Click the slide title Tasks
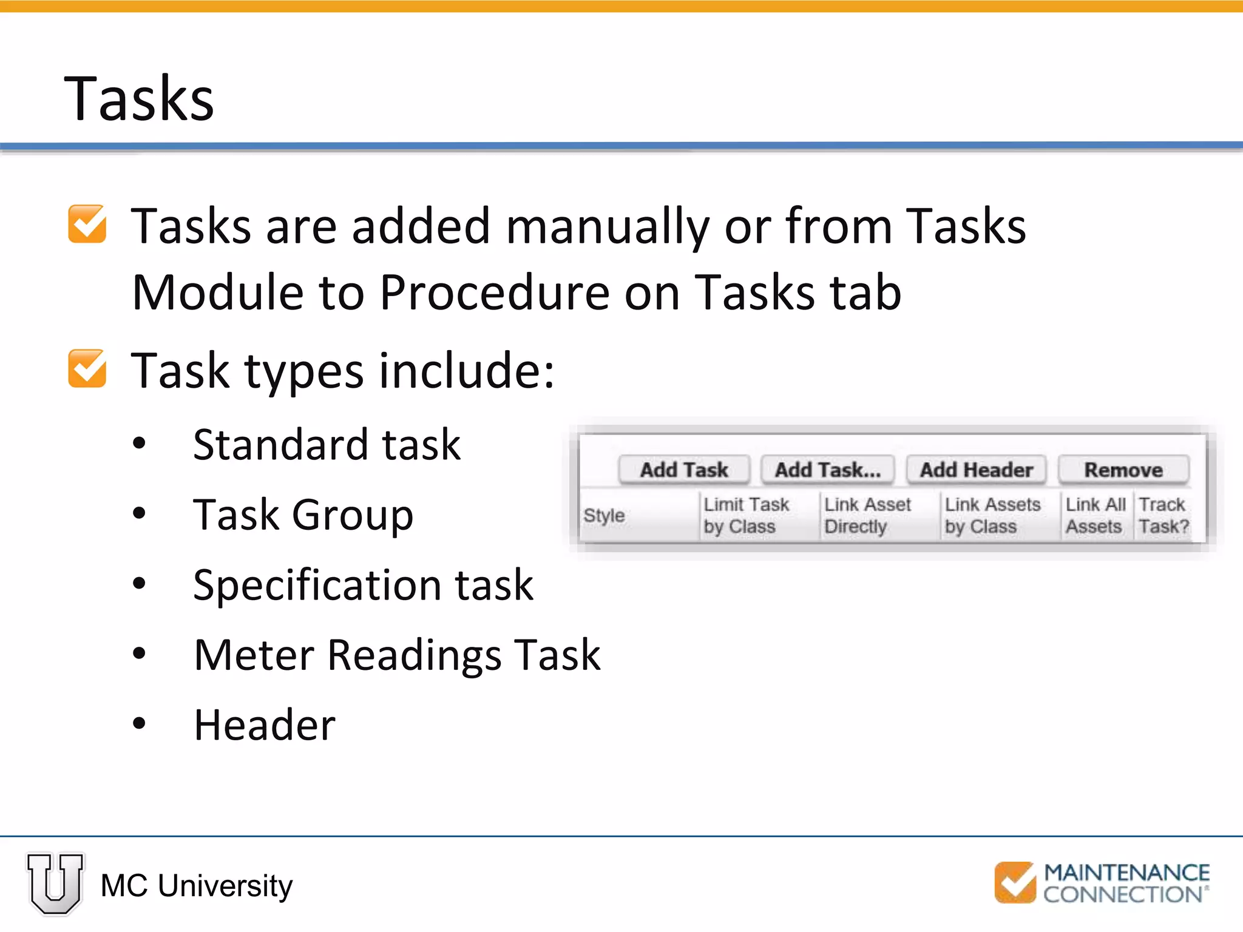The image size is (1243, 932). (139, 98)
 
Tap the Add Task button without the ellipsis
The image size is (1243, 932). (684, 470)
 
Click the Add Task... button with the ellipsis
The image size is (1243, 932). (827, 470)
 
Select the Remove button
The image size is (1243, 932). (1123, 470)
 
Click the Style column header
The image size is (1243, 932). (605, 516)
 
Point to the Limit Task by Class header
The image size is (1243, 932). (746, 516)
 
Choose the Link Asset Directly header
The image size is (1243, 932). (867, 516)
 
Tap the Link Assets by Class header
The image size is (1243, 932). (992, 516)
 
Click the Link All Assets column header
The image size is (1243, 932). (1095, 516)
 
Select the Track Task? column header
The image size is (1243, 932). (1163, 516)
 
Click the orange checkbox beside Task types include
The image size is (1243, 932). (87, 368)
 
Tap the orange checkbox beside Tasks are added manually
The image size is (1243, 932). (87, 224)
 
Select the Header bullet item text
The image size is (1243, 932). (265, 725)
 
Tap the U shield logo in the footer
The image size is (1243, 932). (55, 883)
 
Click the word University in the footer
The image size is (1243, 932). (225, 886)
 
